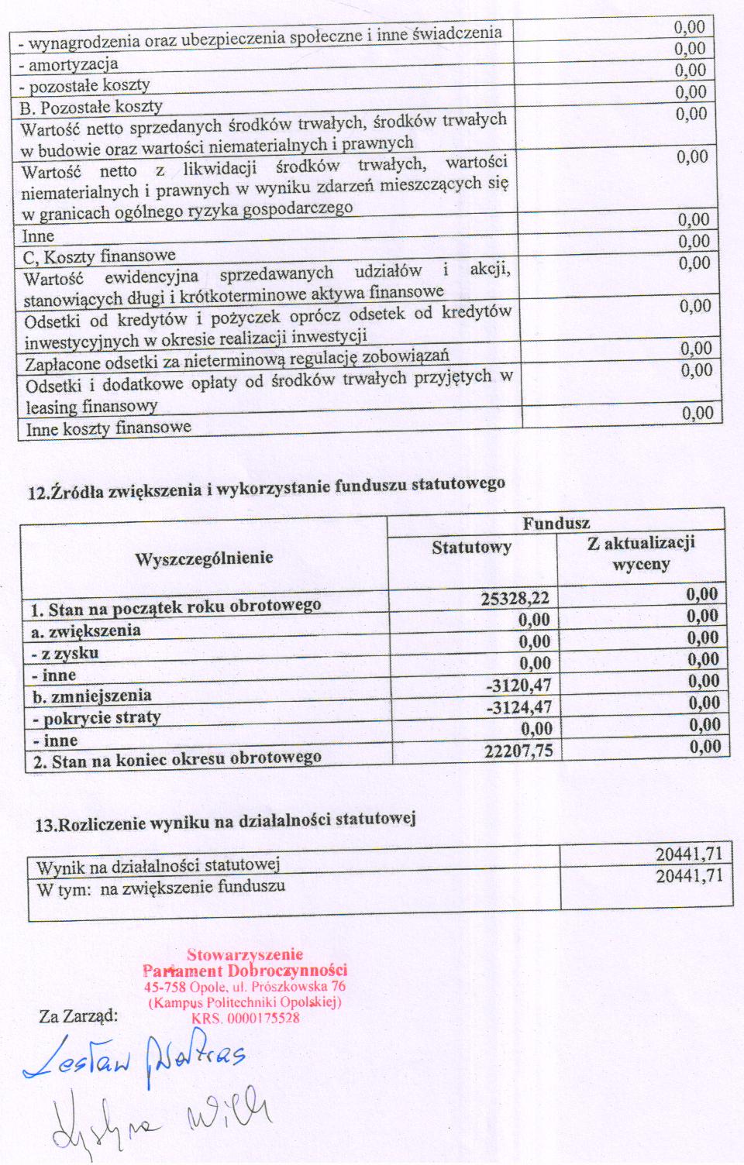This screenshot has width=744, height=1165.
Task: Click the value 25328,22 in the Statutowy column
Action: [515, 598]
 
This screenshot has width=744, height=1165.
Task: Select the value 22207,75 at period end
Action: [518, 750]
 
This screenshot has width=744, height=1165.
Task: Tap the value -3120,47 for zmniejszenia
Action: [518, 685]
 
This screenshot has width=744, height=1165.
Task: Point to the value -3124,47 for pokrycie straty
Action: [519, 706]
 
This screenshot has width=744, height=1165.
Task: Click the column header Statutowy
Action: [471, 548]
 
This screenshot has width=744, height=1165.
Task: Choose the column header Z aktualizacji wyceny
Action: [641, 553]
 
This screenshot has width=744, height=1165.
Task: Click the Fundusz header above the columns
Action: [556, 524]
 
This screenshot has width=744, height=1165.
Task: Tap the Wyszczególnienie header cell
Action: [204, 558]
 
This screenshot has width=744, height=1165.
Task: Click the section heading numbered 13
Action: [226, 821]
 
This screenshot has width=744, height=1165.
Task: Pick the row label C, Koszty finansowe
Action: [99, 256]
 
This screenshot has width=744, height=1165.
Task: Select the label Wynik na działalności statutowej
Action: [158, 865]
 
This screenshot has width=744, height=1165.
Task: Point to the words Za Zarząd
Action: [78, 1016]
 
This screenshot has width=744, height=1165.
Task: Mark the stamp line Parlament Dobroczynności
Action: [245, 971]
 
